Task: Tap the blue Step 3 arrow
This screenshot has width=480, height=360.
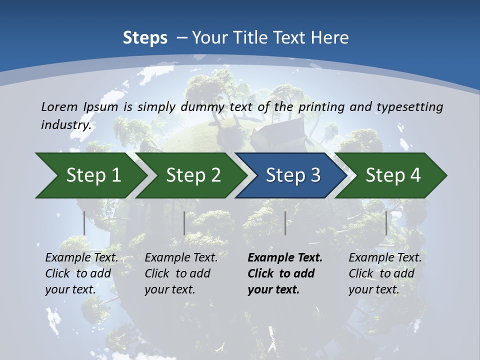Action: pos(292,175)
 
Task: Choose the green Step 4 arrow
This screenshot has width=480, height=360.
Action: pos(392,175)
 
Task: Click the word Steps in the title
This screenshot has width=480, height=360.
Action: pos(145,38)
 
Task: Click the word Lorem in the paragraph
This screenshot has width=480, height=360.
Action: pos(59,106)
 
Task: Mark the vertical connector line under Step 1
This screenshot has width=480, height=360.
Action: pos(84,223)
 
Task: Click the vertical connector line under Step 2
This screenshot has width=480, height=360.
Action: pos(184,223)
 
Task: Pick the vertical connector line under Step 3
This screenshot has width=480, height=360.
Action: pos(285,223)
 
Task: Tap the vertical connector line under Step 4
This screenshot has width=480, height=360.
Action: pos(386,223)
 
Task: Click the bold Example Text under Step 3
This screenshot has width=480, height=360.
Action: pos(285,258)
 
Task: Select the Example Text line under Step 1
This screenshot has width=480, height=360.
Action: pos(81,258)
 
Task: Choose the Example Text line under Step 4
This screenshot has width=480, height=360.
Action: pos(385,258)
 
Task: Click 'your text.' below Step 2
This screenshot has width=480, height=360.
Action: pos(169,289)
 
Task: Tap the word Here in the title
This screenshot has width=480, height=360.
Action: pos(330,38)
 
